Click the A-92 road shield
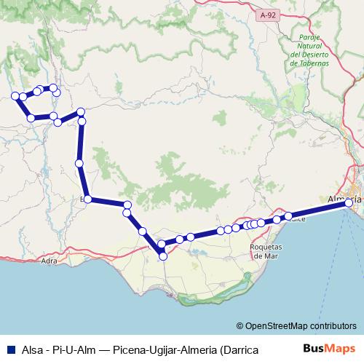[270, 13]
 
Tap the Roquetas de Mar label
[266, 250]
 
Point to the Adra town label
[50, 260]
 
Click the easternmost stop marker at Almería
[349, 202]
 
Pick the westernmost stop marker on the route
[15, 95]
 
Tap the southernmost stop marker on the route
[162, 256]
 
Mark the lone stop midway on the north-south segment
[79, 163]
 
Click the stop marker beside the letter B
[87, 199]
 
